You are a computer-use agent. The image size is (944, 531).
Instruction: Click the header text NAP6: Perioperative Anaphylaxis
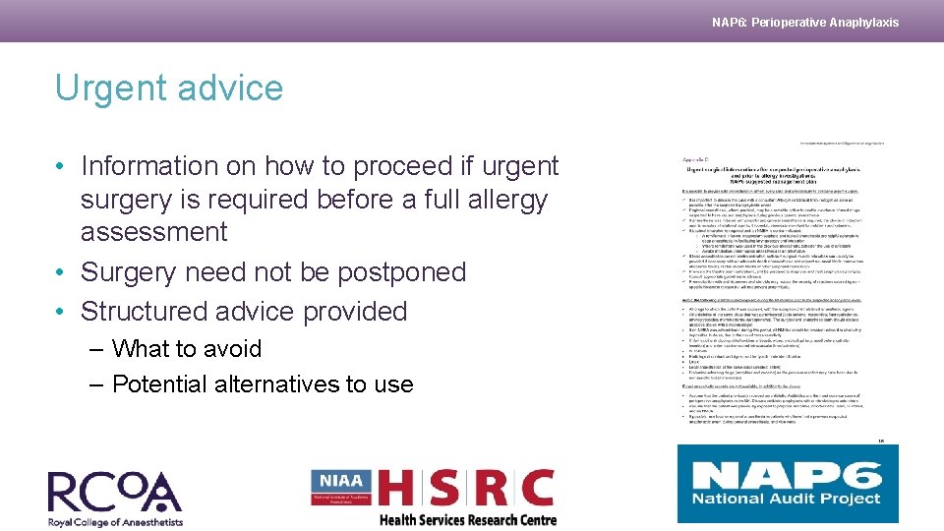coord(804,22)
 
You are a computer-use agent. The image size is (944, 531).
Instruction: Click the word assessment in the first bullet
coord(153,232)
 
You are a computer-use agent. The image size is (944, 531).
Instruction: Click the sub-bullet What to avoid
coord(187,349)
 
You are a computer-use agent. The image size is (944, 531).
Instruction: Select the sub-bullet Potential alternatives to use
coord(263,383)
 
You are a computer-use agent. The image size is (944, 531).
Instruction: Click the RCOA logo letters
coord(114,493)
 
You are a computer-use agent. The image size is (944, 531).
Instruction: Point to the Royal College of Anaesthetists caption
coord(115,521)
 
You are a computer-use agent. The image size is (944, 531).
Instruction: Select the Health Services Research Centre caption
coord(467,520)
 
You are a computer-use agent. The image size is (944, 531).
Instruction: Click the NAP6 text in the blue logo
coord(787,474)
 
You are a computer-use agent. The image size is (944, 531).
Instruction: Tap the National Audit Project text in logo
coord(787,499)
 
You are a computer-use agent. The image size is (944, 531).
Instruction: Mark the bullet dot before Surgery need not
coord(61,271)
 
